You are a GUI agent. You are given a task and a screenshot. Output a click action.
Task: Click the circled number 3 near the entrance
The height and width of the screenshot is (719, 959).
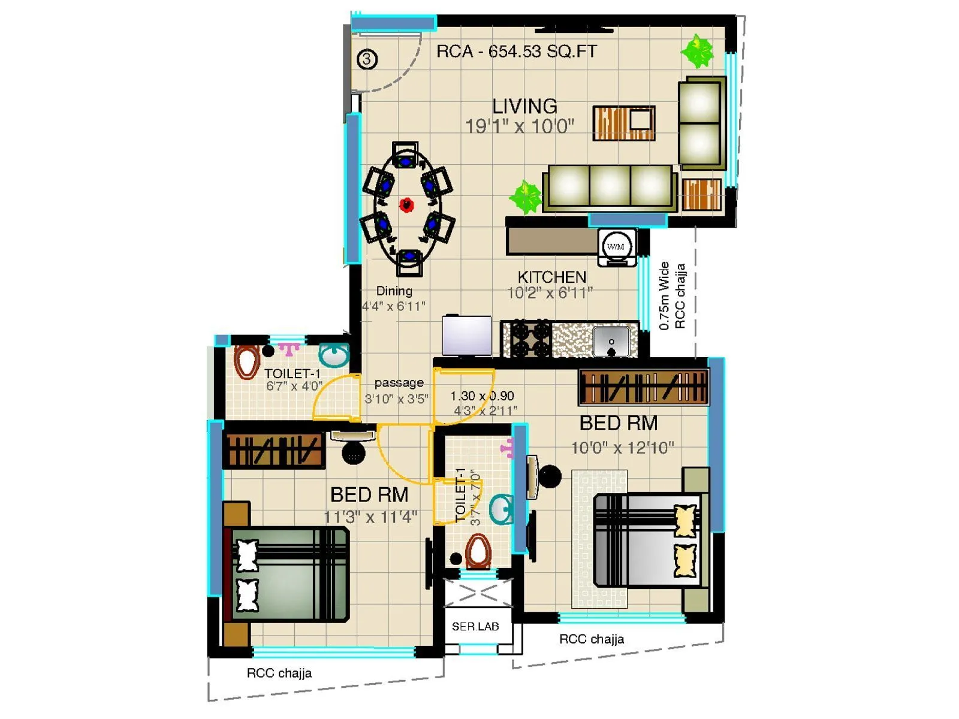click(367, 59)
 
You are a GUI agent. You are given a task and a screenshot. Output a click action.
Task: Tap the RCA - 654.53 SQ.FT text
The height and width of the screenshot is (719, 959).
click(516, 52)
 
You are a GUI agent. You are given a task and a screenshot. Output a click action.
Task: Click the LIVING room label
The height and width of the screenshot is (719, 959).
click(524, 106)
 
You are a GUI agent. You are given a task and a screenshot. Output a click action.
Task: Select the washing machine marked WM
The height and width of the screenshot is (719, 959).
click(616, 246)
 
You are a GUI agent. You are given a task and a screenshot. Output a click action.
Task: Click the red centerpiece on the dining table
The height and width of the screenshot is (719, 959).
click(407, 205)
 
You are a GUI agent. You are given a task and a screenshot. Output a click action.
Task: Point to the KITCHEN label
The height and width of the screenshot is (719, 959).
click(551, 277)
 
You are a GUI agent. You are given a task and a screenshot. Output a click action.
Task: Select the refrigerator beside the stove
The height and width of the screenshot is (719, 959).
click(466, 336)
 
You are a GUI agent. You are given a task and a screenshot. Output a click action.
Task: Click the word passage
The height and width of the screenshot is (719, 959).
click(399, 382)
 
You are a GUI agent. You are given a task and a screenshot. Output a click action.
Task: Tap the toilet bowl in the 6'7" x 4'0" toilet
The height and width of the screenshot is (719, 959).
click(246, 361)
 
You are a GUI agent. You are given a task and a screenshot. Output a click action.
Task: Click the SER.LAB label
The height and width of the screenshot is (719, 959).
click(475, 627)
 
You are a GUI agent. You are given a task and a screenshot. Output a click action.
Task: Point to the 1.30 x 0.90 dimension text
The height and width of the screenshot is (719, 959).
click(482, 396)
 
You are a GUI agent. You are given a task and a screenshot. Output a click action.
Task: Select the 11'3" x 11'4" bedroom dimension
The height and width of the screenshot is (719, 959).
click(370, 516)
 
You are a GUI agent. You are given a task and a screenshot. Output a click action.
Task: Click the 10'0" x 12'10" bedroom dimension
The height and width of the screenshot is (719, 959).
click(622, 448)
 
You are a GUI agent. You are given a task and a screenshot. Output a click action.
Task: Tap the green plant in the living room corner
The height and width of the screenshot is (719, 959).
click(697, 50)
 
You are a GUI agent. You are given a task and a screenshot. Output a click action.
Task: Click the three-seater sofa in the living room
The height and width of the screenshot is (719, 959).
click(610, 187)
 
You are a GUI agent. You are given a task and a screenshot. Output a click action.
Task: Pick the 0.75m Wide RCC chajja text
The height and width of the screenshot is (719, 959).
click(671, 296)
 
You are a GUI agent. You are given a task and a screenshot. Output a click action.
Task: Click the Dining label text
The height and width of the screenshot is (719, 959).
click(394, 291)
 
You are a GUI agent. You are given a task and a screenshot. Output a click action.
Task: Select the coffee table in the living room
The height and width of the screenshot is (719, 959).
click(623, 123)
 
